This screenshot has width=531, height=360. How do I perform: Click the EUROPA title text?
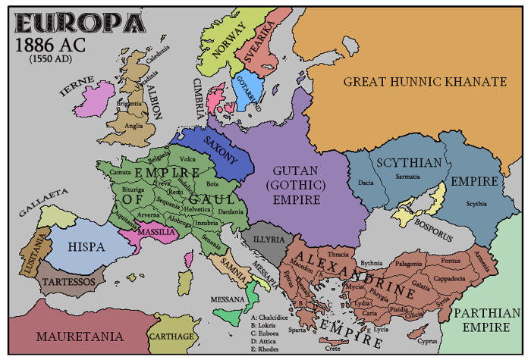tap(72, 20)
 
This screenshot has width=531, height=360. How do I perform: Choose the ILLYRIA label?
tap(268, 239)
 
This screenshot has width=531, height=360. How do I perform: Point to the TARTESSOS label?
tap(70, 281)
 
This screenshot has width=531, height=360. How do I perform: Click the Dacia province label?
tap(366, 183)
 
